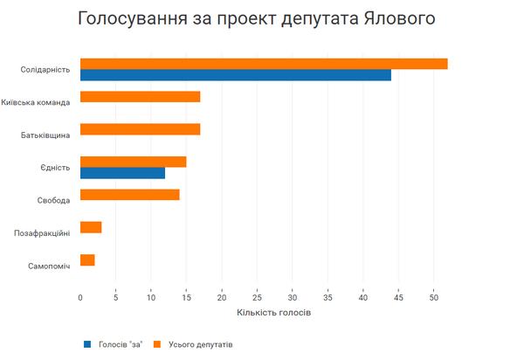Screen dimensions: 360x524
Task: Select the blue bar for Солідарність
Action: [x=236, y=75]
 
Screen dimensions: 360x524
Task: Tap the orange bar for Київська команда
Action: [x=140, y=97]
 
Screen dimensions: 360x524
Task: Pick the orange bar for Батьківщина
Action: [x=140, y=129]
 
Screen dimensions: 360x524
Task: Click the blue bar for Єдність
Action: [x=122, y=173]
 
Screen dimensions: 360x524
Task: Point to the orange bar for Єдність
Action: [x=133, y=162]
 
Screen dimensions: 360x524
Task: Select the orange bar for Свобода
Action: [x=129, y=195]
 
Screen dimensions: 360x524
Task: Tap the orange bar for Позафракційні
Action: [x=91, y=227]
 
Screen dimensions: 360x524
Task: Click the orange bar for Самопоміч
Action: [x=87, y=260]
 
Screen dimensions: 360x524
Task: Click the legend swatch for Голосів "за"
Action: [x=87, y=343]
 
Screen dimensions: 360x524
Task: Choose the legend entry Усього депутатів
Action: [x=198, y=343]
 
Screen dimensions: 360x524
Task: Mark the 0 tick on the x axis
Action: [x=80, y=296]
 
